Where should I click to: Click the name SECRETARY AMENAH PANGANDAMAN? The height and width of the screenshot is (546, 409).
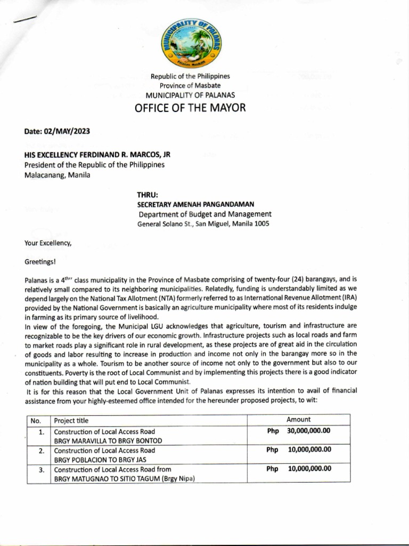click(x=196, y=204)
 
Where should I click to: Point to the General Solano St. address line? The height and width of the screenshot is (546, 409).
click(x=203, y=224)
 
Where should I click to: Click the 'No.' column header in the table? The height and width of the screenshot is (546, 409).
click(x=36, y=421)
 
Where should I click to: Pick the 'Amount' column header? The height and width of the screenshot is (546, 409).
click(x=298, y=420)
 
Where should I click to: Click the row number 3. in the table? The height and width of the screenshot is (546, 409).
click(x=41, y=470)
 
